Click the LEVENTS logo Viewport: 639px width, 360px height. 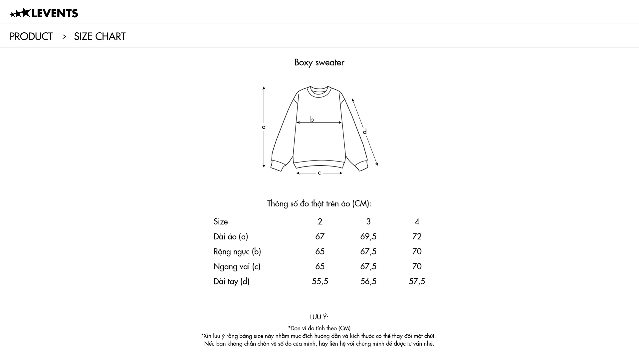(x=44, y=13)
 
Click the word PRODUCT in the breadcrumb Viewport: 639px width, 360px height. (x=31, y=36)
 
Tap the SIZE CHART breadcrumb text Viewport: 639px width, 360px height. (x=100, y=36)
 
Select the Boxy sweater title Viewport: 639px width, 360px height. (x=319, y=62)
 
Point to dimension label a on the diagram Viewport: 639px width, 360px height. (x=264, y=127)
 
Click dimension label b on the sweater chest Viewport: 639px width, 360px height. (x=312, y=119)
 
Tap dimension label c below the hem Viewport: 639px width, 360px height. (x=319, y=173)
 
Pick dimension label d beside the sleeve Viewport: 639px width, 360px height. (x=365, y=132)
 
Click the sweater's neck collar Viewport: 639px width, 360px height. (x=319, y=91)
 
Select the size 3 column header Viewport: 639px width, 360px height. (x=368, y=221)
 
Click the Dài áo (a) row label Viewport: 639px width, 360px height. (x=231, y=236)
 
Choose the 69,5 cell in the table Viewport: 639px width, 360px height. (x=368, y=236)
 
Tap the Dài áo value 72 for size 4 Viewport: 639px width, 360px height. (x=417, y=236)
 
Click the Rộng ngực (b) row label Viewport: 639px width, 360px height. (x=237, y=251)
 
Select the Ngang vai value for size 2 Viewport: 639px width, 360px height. (x=319, y=266)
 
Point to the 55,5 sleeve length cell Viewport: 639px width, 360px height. (x=319, y=281)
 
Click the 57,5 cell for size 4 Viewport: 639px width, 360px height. (x=417, y=281)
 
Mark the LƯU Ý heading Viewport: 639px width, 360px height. (x=319, y=317)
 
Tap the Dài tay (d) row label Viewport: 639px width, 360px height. (x=231, y=281)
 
